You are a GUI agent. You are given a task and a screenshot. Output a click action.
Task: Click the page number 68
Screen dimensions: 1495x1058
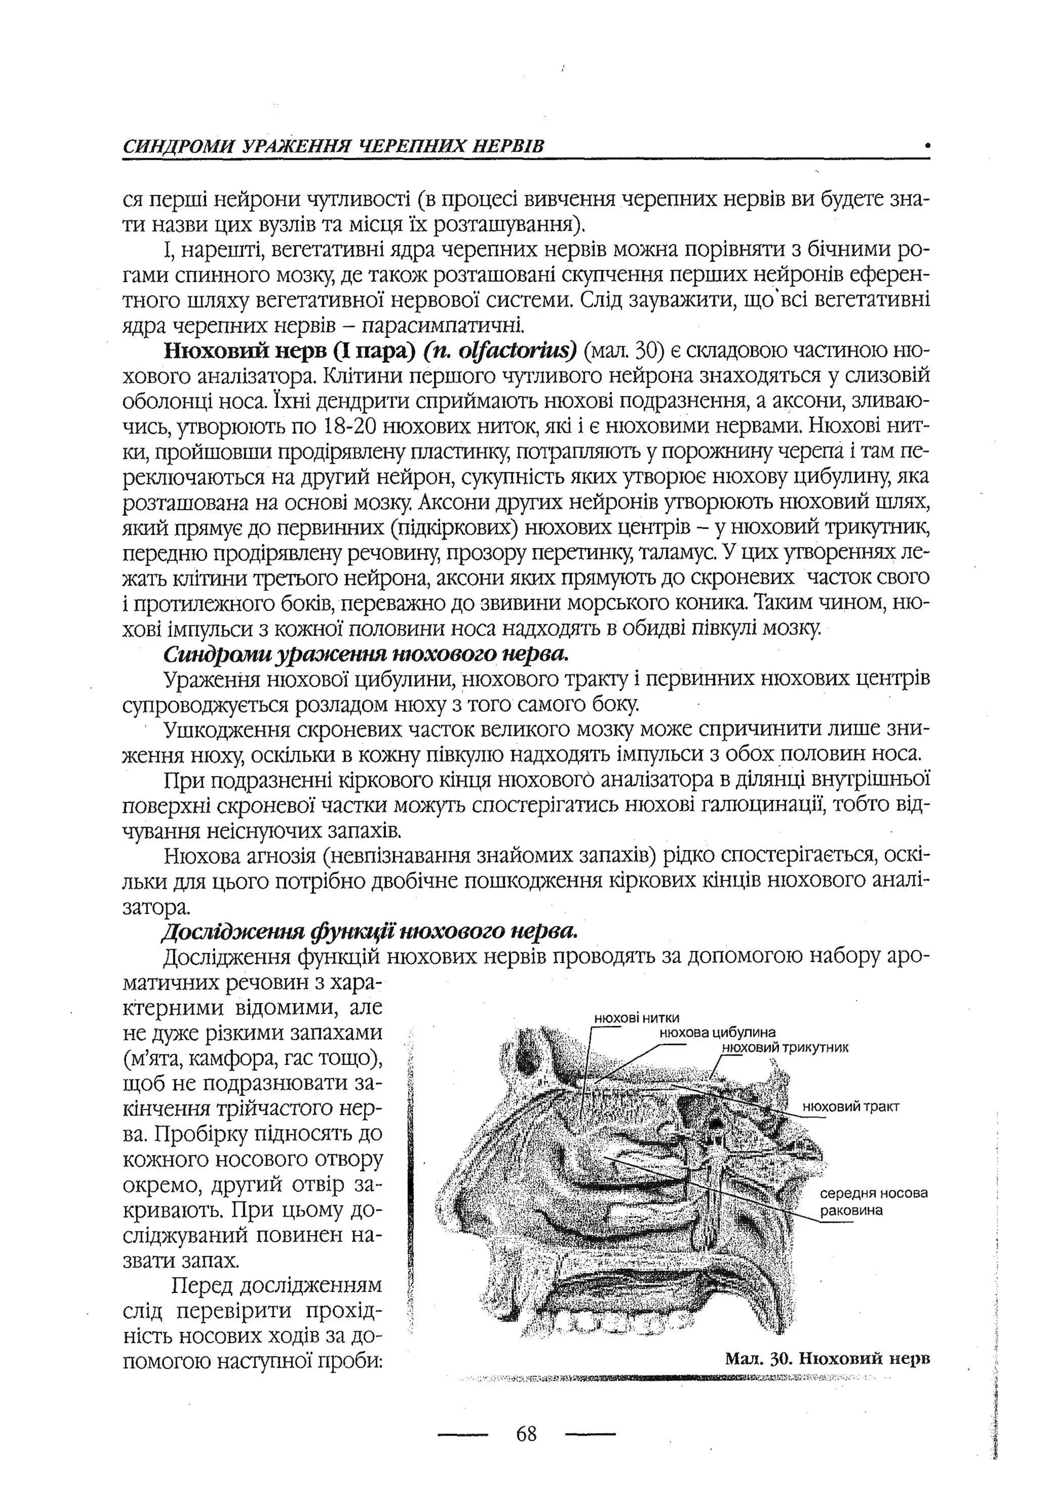pyautogui.click(x=526, y=1434)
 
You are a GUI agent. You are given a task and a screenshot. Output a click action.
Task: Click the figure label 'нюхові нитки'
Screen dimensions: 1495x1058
pyautogui.click(x=636, y=1018)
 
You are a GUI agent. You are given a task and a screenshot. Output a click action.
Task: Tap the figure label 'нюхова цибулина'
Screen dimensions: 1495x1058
pyautogui.click(x=717, y=1031)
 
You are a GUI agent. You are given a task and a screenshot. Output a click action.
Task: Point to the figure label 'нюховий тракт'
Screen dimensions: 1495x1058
pyautogui.click(x=851, y=1106)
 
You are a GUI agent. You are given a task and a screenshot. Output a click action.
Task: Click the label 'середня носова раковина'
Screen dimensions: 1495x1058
pyautogui.click(x=873, y=1201)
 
